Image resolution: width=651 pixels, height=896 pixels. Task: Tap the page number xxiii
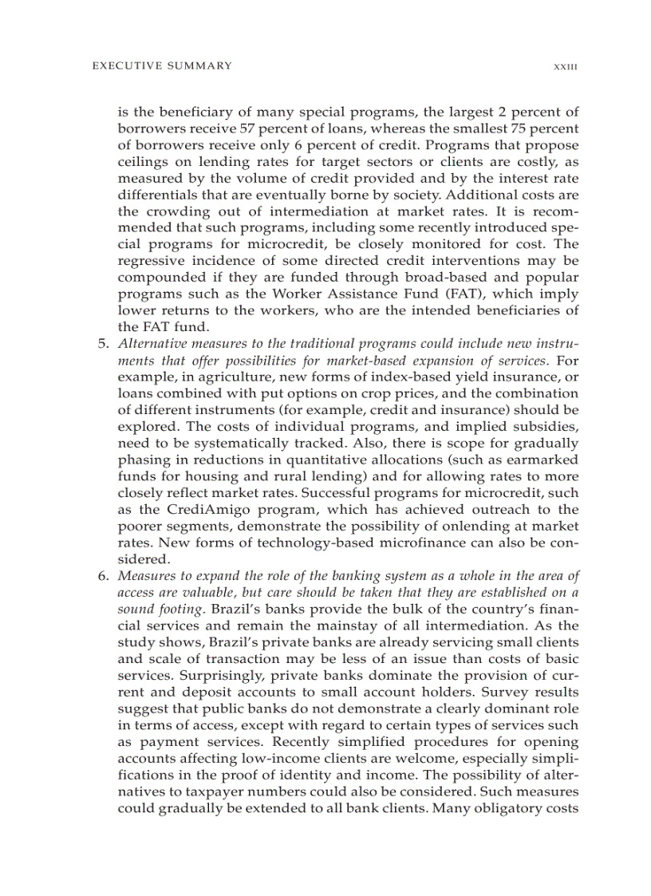565,67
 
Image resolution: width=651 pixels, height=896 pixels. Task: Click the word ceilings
143,162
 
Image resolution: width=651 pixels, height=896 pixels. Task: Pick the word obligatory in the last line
503,807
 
